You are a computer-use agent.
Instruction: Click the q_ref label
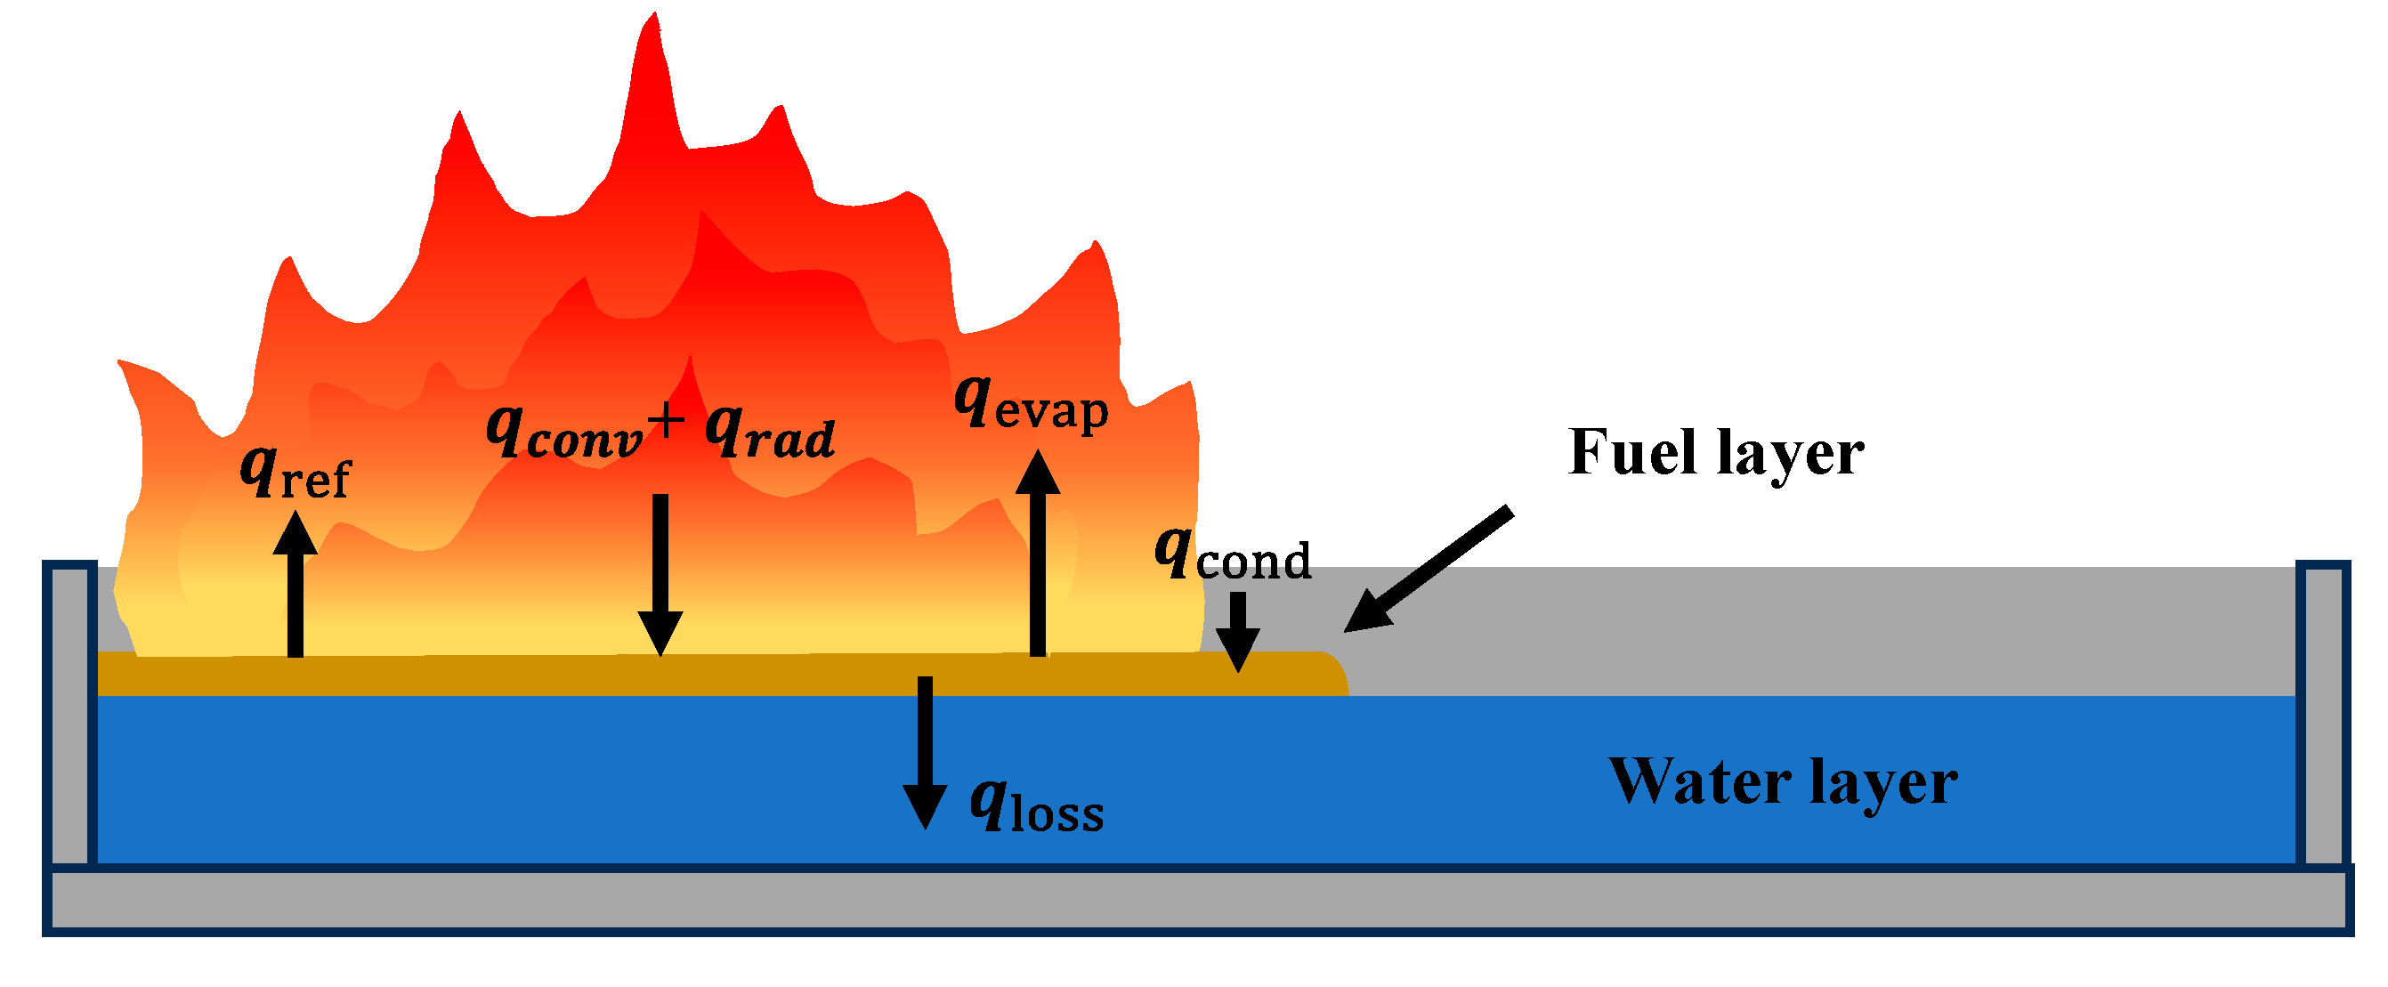click(295, 473)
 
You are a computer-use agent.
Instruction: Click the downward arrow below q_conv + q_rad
click(660, 575)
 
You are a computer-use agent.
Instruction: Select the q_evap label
click(1031, 405)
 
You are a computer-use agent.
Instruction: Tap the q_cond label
click(1233, 557)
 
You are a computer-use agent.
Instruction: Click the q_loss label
click(1036, 807)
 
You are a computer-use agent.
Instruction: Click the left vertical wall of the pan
click(69, 714)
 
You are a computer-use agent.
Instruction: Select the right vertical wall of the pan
click(2323, 714)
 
